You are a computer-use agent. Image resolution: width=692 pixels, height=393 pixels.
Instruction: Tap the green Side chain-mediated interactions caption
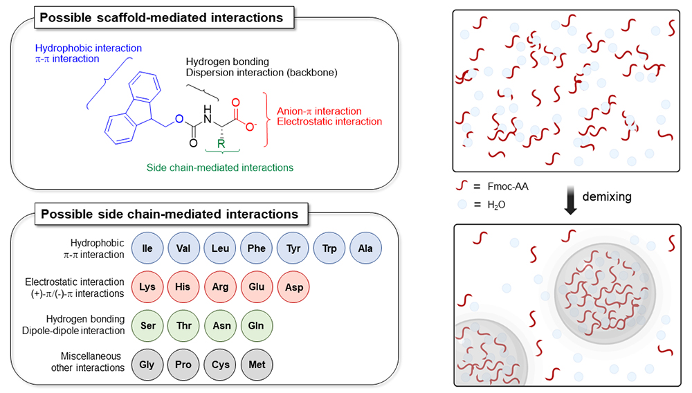(219, 167)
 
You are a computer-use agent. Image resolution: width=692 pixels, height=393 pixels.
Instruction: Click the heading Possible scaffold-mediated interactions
(161, 18)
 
